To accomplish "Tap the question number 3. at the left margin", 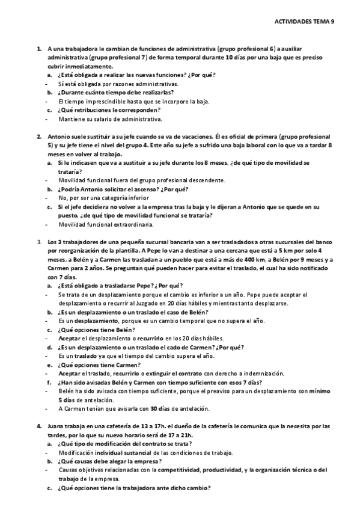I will click(x=39, y=242).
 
